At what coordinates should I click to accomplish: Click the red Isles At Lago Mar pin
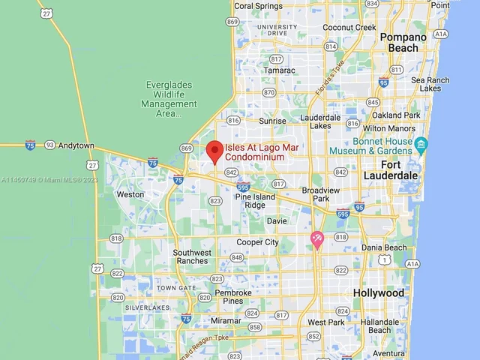pos(215,151)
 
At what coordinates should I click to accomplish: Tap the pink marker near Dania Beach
pos(317,239)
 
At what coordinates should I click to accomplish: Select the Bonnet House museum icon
pos(421,144)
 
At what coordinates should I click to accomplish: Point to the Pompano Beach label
pos(403,42)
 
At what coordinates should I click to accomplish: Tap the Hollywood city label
pos(379,292)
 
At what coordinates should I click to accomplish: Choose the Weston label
pos(130,194)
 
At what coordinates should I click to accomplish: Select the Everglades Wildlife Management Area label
pos(169,99)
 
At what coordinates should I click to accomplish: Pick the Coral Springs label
pos(259,6)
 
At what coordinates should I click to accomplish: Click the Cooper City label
pos(257,242)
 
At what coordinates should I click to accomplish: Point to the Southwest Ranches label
pos(192,256)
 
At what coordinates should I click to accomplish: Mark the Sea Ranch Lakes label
pos(430,84)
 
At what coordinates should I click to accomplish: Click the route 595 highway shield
pos(343,214)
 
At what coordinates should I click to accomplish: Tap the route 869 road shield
pos(186,148)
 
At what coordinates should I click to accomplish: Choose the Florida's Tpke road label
pos(329,79)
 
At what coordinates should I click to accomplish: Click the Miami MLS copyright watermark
pos(49,180)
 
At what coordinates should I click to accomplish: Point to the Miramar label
pos(226,320)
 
